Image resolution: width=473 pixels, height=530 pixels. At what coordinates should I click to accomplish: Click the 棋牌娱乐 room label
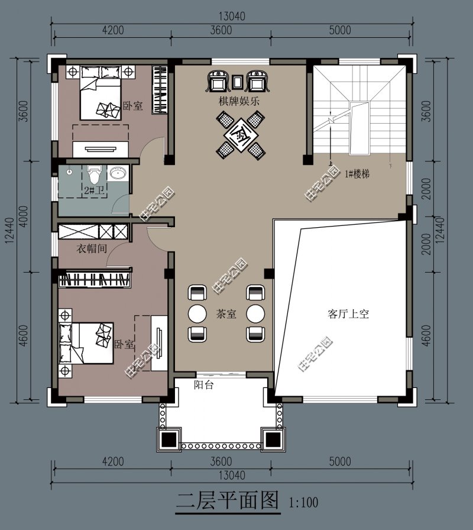tap(239, 101)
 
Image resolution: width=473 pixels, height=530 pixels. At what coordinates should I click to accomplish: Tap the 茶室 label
tap(226, 314)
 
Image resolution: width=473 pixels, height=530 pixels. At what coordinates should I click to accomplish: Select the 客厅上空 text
tap(348, 314)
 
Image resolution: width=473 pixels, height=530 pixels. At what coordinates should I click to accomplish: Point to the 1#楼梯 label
tap(357, 174)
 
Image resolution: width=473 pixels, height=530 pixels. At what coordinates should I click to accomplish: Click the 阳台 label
tap(204, 384)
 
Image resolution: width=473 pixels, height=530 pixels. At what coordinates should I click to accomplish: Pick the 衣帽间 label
tap(92, 248)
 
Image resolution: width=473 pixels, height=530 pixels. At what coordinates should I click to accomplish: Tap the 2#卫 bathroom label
tap(94, 190)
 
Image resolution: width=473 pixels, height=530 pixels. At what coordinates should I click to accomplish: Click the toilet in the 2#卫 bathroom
tap(94, 174)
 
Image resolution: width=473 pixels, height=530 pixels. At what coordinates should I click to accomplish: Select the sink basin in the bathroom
tap(118, 173)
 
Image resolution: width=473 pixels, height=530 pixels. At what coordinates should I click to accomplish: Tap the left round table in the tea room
tap(197, 314)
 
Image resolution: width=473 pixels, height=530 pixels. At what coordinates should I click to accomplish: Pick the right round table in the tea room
tap(255, 314)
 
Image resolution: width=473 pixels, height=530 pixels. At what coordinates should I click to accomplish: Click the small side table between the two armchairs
tap(237, 82)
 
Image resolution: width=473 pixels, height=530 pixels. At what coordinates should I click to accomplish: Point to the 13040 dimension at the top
tap(232, 16)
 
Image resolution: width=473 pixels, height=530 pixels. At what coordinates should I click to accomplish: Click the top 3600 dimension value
tap(221, 30)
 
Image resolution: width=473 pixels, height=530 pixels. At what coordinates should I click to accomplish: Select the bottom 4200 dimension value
tap(113, 461)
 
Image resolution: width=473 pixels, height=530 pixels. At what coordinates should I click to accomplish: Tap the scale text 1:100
tap(303, 502)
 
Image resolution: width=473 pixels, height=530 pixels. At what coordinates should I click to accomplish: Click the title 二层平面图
tap(228, 500)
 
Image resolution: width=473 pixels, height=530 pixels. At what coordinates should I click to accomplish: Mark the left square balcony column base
tap(169, 439)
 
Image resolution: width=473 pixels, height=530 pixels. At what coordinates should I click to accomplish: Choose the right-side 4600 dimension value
tap(427, 335)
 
